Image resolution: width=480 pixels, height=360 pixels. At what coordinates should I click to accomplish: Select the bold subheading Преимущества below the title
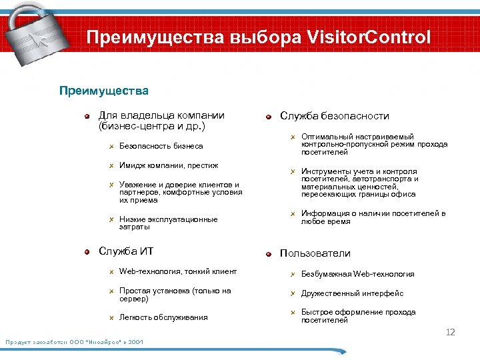tap(104, 90)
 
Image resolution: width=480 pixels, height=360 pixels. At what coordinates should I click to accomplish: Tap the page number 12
tap(450, 332)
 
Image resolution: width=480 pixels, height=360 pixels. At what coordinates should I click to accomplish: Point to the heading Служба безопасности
tap(335, 116)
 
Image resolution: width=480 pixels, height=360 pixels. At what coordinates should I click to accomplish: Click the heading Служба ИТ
tap(126, 251)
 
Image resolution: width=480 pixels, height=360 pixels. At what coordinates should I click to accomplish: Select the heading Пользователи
tap(315, 253)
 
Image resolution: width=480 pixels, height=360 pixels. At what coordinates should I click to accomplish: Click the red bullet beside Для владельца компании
tap(87, 116)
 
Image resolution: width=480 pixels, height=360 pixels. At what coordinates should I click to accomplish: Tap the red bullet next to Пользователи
tap(268, 254)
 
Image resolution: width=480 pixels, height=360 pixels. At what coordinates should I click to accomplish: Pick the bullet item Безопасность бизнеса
tap(161, 146)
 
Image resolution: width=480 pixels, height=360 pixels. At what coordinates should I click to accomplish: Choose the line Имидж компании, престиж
tap(169, 165)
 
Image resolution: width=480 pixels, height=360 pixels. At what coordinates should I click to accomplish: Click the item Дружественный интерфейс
tap(352, 293)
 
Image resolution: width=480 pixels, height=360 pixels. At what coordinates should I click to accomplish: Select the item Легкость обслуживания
tap(163, 317)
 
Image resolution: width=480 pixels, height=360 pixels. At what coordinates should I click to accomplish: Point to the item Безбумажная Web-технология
tap(357, 274)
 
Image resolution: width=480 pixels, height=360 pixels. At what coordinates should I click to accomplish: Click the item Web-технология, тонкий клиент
tap(177, 271)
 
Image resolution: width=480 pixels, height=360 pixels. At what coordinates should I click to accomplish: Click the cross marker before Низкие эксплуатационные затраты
tap(112, 219)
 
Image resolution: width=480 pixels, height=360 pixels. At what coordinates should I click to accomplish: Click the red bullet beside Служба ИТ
tap(87, 252)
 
